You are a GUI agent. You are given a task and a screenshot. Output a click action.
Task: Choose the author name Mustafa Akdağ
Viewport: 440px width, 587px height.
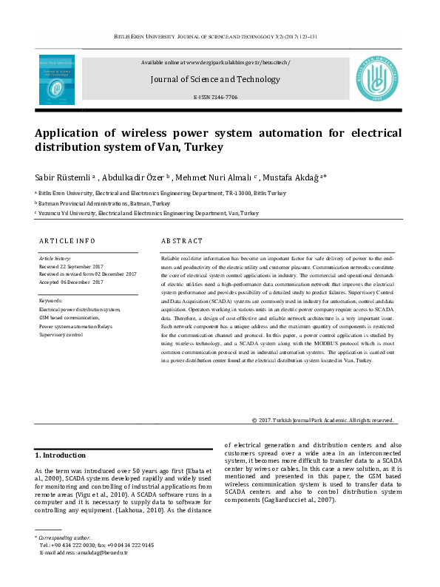pyautogui.click(x=295, y=177)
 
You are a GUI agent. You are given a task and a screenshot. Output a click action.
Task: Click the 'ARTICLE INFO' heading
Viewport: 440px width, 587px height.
pyautogui.click(x=67, y=241)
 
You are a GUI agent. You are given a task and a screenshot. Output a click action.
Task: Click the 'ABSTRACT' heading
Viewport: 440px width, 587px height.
pyautogui.click(x=182, y=241)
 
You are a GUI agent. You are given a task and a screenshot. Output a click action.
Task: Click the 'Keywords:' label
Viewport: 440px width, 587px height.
pyautogui.click(x=51, y=300)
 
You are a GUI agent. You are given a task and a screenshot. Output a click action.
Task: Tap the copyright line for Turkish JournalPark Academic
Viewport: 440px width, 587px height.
pyautogui.click(x=312, y=420)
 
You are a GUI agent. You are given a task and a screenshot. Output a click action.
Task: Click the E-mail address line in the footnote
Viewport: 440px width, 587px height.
pyautogui.click(x=85, y=552)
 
